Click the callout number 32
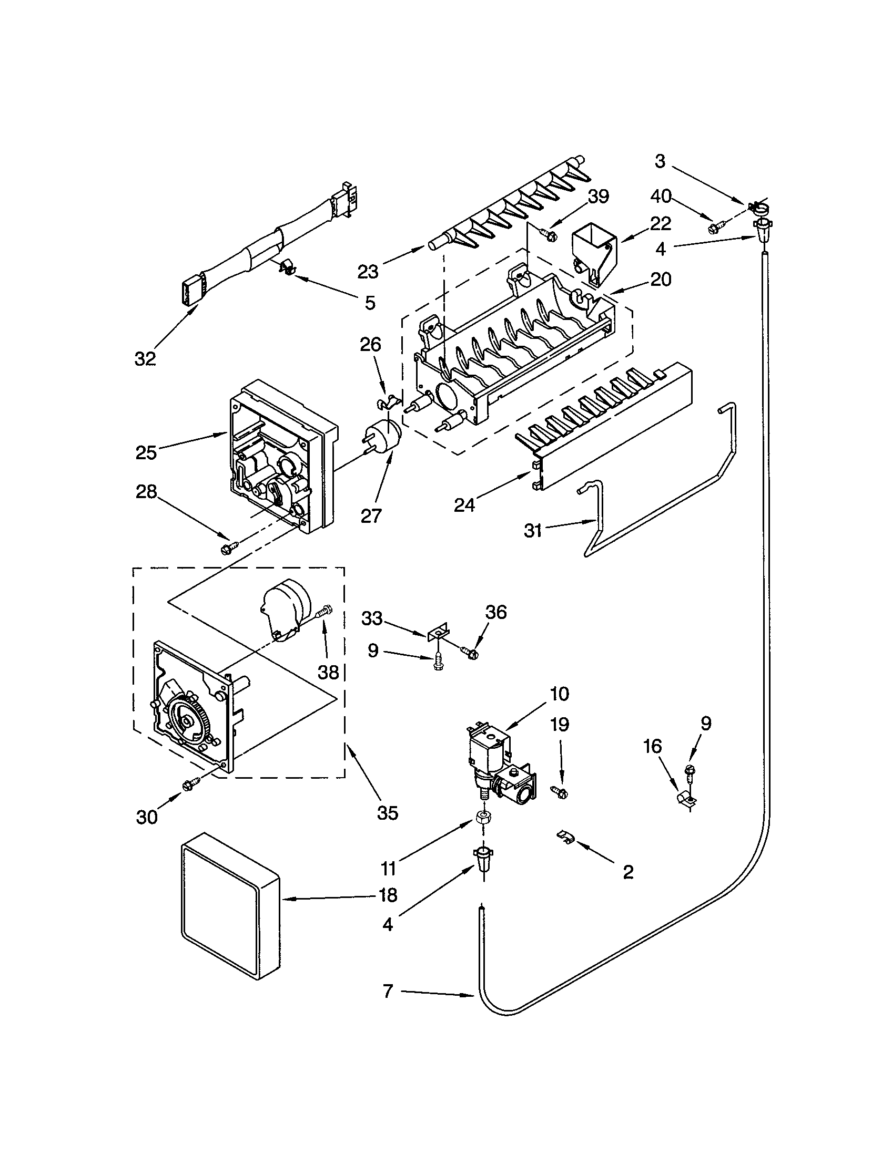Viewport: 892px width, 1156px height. pyautogui.click(x=145, y=359)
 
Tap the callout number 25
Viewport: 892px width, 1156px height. pyautogui.click(x=146, y=453)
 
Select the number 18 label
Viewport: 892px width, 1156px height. pyautogui.click(x=388, y=895)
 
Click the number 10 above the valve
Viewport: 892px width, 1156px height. pyautogui.click(x=559, y=694)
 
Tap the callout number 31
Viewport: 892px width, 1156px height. pyautogui.click(x=533, y=530)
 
